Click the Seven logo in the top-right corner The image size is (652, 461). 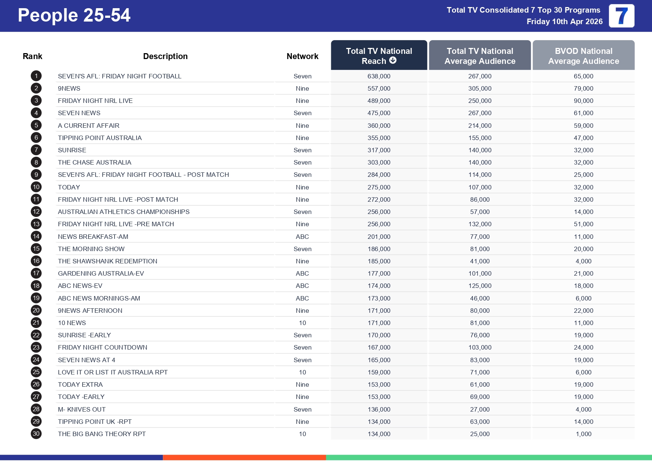[621, 16]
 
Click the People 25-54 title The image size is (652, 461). [74, 16]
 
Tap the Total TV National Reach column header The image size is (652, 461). [379, 55]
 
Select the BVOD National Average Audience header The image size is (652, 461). [583, 56]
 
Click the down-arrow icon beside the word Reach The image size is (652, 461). [393, 61]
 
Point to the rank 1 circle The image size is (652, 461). [36, 76]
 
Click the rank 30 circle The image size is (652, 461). [36, 434]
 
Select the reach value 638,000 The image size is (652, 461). [379, 76]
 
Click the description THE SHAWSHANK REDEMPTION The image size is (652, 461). [107, 261]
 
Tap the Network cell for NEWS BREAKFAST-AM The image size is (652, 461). [302, 237]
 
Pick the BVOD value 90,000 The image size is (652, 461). [583, 101]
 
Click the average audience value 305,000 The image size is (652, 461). [480, 88]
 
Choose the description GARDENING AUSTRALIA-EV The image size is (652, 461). [101, 273]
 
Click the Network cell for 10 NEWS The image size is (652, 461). [302, 323]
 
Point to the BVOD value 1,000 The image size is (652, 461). [583, 434]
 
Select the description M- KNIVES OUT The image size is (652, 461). [82, 409]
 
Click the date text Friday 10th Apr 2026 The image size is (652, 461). [564, 22]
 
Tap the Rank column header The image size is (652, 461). [32, 56]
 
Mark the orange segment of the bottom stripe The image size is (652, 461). [244, 457]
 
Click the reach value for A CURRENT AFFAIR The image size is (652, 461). [379, 126]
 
